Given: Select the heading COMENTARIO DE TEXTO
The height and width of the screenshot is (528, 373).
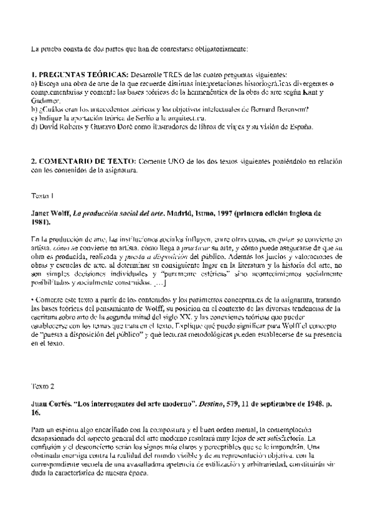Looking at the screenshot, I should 87,161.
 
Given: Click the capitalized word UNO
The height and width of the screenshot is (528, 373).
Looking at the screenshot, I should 179,161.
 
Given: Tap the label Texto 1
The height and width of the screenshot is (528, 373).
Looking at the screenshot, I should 43,196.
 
